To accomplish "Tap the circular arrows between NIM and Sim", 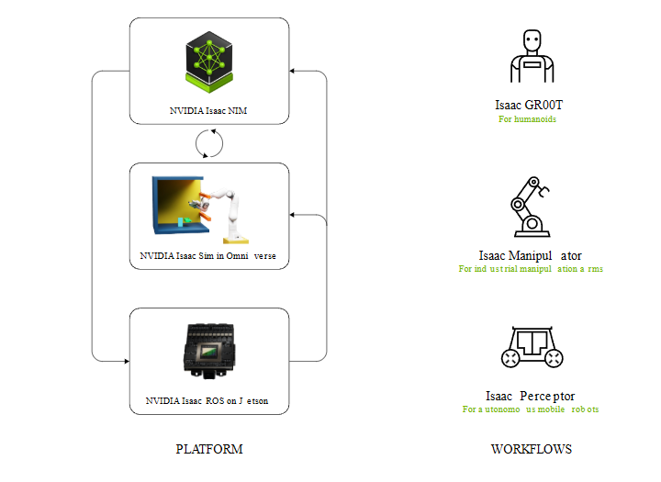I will click(x=209, y=143).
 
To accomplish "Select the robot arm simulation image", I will click(x=201, y=208).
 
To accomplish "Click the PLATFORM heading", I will click(x=209, y=449).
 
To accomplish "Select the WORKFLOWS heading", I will click(x=531, y=449).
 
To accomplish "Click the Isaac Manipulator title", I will click(x=530, y=255).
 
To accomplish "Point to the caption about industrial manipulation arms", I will click(x=530, y=270).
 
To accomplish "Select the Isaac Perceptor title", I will click(x=530, y=396).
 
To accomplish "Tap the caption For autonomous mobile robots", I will click(x=530, y=409).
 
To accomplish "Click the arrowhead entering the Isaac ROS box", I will click(x=126, y=361).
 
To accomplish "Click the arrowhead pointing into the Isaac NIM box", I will click(x=293, y=70).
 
